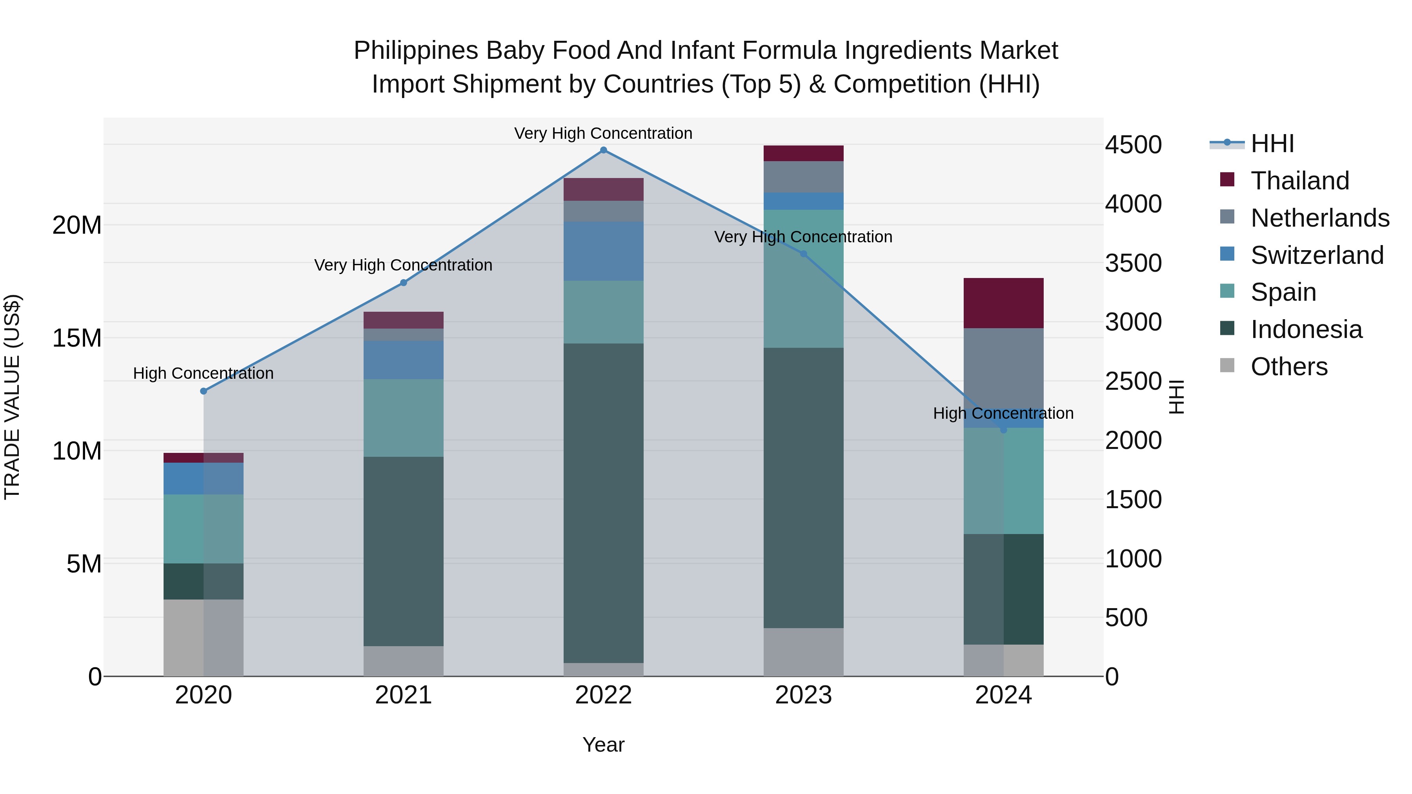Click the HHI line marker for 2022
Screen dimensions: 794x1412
[604, 150]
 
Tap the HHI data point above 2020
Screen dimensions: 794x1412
[203, 391]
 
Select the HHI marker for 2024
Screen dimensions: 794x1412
[1004, 430]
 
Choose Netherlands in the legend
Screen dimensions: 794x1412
[1320, 218]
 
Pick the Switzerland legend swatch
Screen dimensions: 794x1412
[1227, 254]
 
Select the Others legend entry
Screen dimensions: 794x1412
[1289, 367]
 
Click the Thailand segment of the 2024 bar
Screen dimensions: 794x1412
[1004, 303]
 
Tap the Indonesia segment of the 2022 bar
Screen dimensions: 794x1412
[604, 503]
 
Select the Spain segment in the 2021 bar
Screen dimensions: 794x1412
[404, 418]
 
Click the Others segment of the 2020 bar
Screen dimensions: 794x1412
[203, 638]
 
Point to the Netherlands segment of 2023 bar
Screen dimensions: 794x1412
[804, 177]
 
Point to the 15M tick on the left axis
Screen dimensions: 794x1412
[77, 338]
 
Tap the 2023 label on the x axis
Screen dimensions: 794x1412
[804, 695]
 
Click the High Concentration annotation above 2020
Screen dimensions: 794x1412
[203, 373]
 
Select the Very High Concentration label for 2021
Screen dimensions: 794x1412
[404, 265]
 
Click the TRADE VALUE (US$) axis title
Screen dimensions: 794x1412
[12, 397]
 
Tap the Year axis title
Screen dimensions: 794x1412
[604, 745]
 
